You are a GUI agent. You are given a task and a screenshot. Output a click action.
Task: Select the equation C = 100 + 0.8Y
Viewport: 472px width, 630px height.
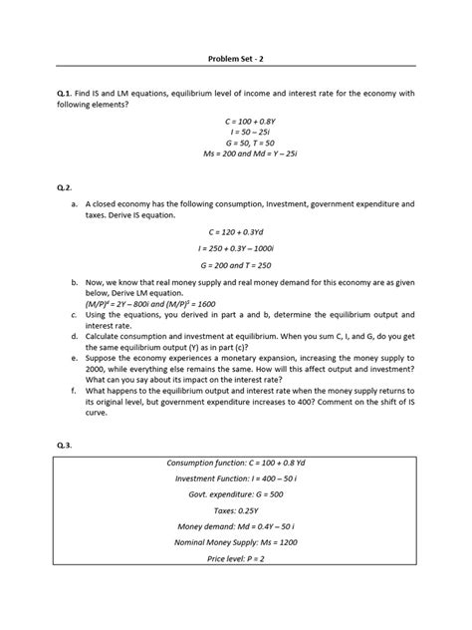(236, 120)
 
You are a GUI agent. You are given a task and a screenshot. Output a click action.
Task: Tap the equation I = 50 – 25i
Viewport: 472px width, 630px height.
(236, 132)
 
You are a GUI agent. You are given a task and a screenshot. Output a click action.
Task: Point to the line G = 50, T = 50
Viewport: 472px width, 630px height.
(236, 143)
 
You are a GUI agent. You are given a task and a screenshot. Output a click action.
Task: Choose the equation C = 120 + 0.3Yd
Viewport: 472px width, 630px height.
(236, 231)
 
